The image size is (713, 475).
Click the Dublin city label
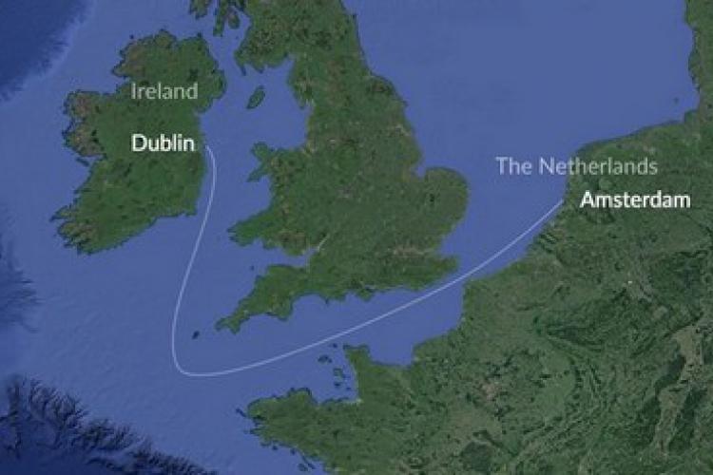point(164,144)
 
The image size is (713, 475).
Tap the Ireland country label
point(164,92)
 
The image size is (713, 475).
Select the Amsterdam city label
point(635,200)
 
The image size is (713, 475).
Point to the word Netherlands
point(599,166)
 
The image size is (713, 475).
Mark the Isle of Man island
point(256,97)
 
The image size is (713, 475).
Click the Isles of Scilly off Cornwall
point(195,334)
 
